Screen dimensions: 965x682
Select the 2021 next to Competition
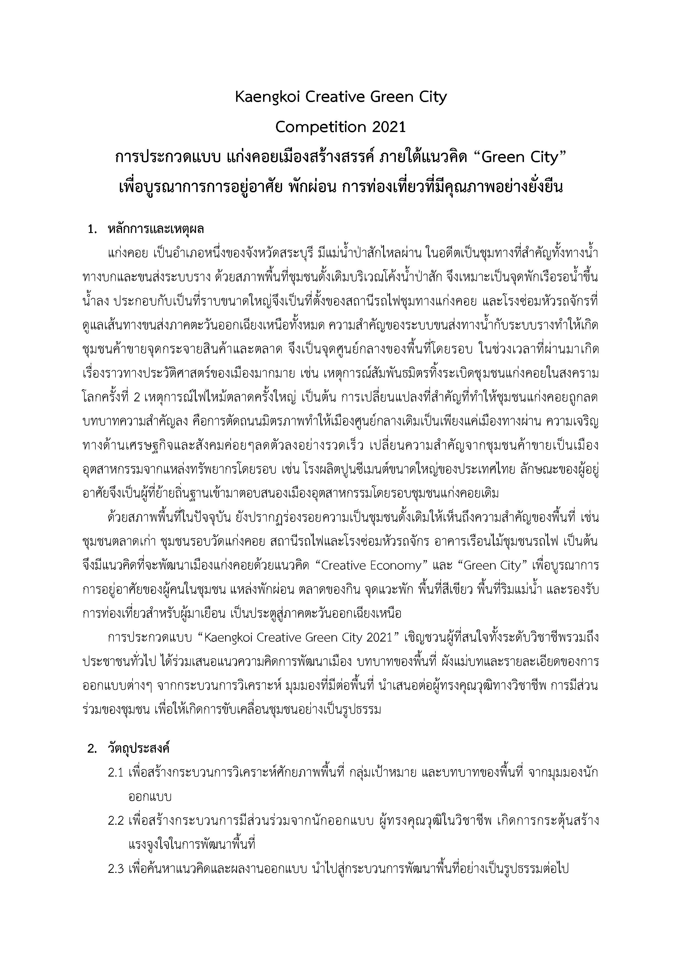click(387, 127)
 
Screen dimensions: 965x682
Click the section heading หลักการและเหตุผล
click(156, 229)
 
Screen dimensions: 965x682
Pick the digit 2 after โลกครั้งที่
click(136, 397)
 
